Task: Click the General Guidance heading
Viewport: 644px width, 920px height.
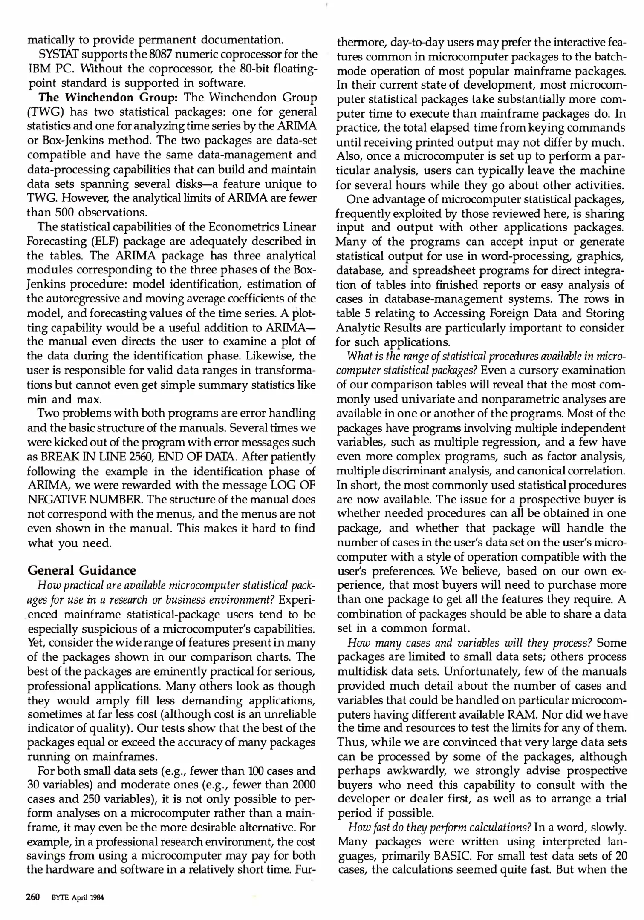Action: click(82, 570)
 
